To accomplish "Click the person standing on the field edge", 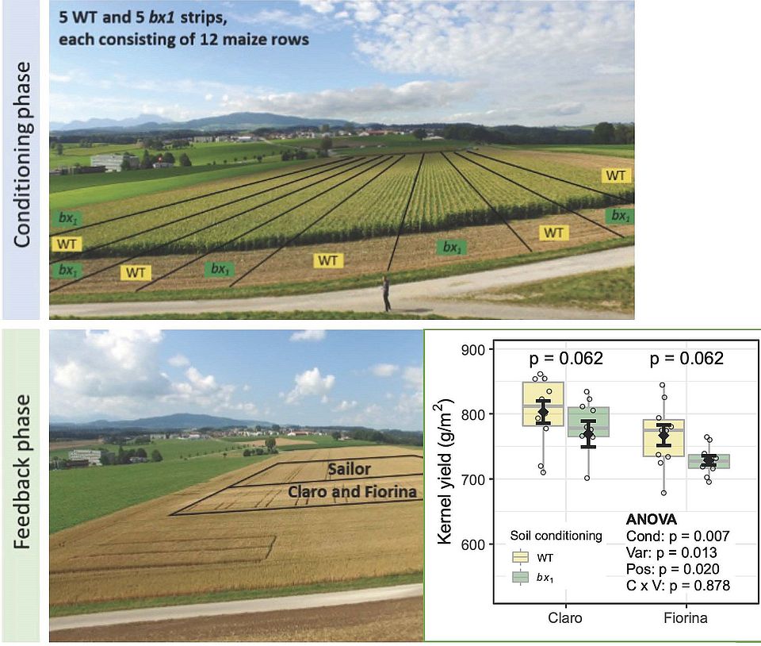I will pos(387,293).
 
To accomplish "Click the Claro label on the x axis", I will pos(565,617).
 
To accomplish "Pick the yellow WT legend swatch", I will pos(521,557).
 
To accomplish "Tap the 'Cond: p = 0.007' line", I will pos(671,536).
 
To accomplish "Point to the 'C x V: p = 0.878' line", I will pos(673,586).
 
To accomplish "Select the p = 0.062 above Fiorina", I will pos(686,359).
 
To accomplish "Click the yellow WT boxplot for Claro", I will pos(543,404).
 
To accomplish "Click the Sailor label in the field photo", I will pos(350,469).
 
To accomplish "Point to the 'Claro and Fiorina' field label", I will pos(352,492).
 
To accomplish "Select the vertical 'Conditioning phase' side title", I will pos(22,155).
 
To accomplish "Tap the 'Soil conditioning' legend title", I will pos(556,536).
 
